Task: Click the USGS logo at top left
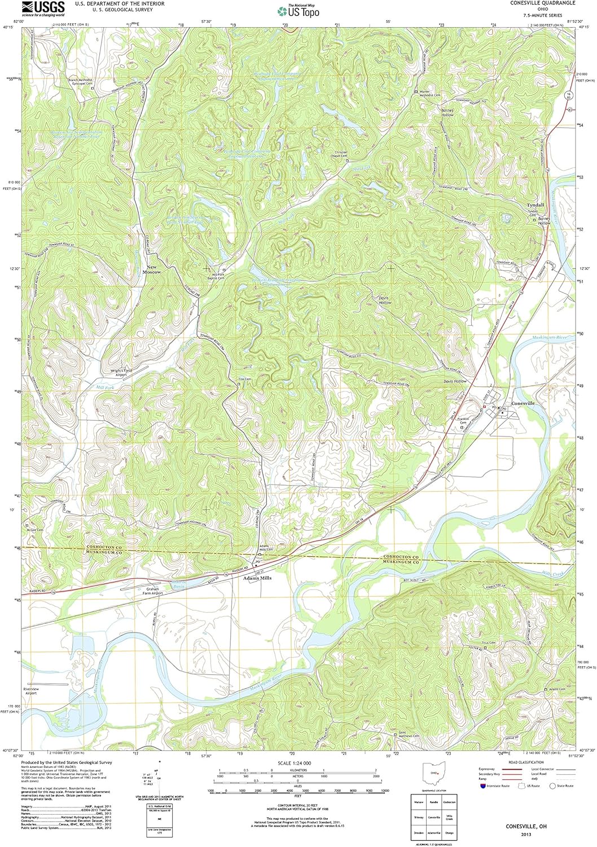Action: [x=43, y=7]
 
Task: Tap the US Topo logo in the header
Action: [x=298, y=11]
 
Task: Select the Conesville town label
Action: [x=523, y=404]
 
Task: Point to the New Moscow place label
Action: [x=151, y=269]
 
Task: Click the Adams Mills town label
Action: [x=257, y=578]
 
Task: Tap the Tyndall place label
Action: [x=535, y=205]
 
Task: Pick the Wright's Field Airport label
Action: [x=121, y=373]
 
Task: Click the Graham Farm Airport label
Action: [x=152, y=591]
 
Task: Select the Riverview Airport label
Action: [x=31, y=691]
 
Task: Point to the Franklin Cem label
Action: [x=463, y=421]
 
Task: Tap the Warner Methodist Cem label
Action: [x=430, y=94]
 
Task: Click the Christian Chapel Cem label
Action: [x=341, y=154]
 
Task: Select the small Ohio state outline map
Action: [x=434, y=772]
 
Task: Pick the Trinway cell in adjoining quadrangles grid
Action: [x=419, y=817]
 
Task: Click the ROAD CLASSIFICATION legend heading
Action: [x=526, y=762]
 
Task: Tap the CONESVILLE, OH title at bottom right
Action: [x=526, y=826]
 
